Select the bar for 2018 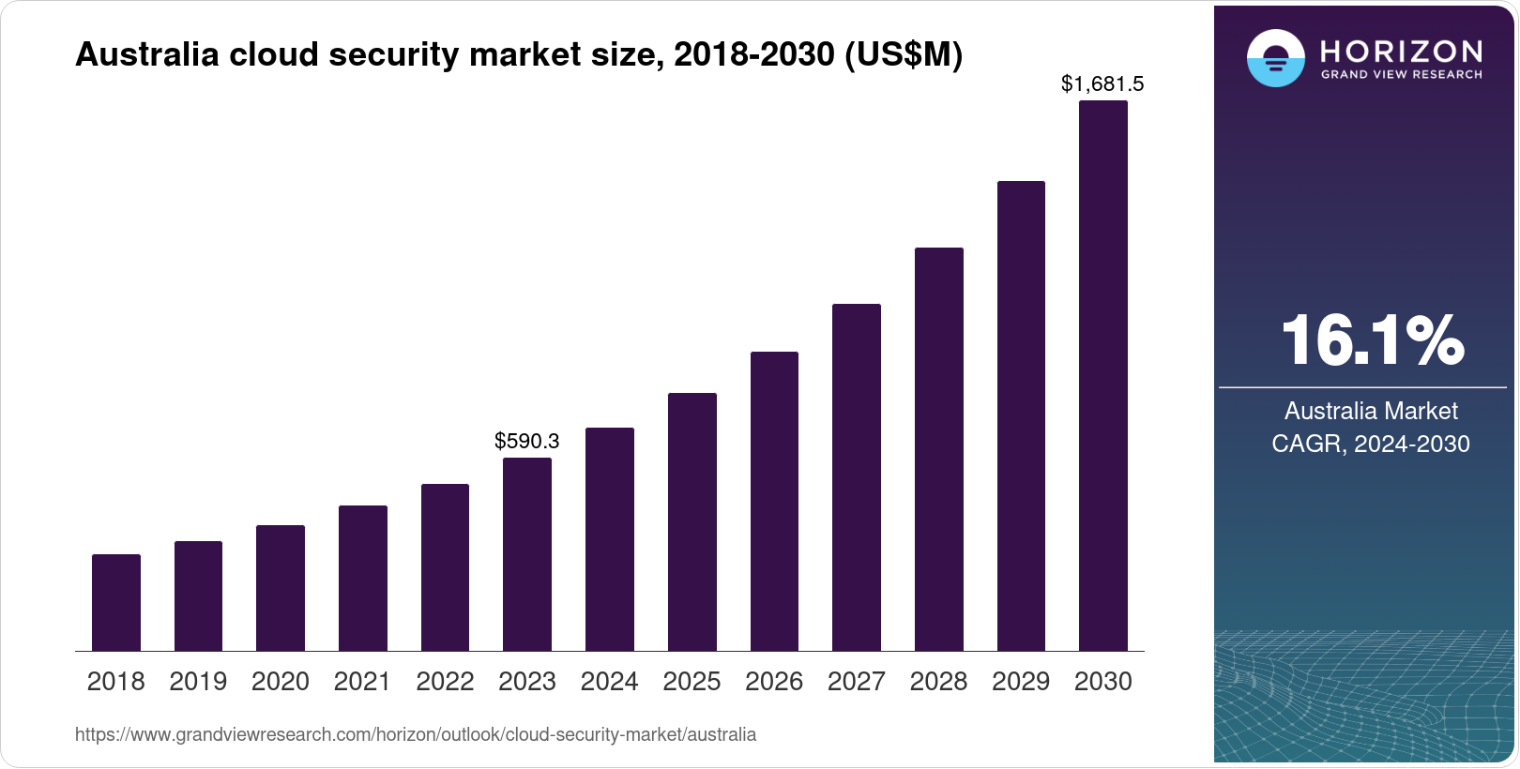[x=116, y=602]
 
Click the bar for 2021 [x=363, y=578]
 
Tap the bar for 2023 [x=527, y=553]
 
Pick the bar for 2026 [x=774, y=501]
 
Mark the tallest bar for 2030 [x=1103, y=375]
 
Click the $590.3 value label [x=527, y=441]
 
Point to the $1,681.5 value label [x=1102, y=84]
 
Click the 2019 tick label [x=198, y=682]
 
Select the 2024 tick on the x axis [x=609, y=682]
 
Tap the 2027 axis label [x=856, y=682]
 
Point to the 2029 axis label [x=1021, y=682]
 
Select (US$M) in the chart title [x=904, y=54]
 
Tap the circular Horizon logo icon [x=1275, y=58]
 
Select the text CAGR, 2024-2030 [x=1370, y=444]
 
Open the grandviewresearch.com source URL [x=416, y=734]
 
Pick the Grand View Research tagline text [x=1401, y=75]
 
